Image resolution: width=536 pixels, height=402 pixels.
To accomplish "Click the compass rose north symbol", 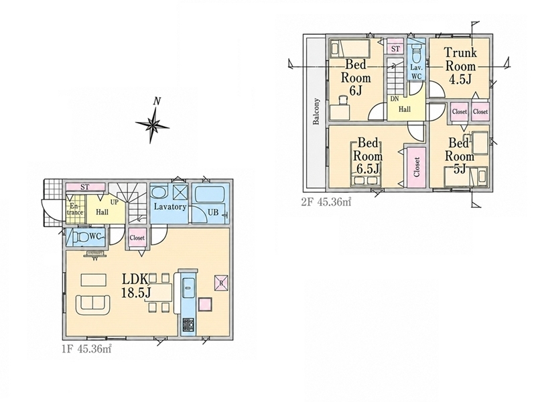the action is click(x=153, y=121).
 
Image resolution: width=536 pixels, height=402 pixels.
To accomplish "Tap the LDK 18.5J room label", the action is click(x=136, y=286).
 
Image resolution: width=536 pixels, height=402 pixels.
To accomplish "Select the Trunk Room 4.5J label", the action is click(x=460, y=66).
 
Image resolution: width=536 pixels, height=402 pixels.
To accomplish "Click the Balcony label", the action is click(x=316, y=111).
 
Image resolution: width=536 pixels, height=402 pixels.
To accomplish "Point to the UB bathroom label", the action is click(x=213, y=212).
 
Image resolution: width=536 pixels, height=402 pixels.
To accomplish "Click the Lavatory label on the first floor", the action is click(x=170, y=206).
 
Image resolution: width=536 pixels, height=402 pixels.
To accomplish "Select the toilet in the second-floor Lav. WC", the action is click(x=416, y=53).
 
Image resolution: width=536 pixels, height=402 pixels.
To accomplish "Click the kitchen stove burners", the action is click(x=188, y=324).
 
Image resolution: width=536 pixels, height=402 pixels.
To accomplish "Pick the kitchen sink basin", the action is click(x=188, y=283).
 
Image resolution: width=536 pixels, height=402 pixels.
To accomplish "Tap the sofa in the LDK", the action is click(x=92, y=305).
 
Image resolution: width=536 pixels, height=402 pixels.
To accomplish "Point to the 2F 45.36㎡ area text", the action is click(x=326, y=202).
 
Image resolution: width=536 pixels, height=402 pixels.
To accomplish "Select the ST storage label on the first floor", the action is click(x=85, y=187).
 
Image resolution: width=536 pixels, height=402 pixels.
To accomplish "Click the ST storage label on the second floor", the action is click(x=395, y=49).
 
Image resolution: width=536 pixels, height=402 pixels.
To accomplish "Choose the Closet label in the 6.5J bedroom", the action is click(x=416, y=167).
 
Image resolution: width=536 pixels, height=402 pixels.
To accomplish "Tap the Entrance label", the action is click(x=75, y=209).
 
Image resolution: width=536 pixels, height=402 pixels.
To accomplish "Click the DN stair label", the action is click(x=395, y=99).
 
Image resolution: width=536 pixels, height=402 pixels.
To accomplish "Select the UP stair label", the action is click(x=114, y=202).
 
